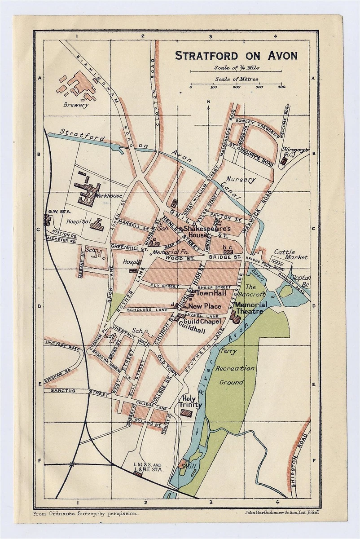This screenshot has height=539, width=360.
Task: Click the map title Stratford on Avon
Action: coord(236,56)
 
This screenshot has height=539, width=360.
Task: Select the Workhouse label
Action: coord(110,196)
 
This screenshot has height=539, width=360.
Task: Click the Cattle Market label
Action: coord(291,255)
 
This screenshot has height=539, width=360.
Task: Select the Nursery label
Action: coord(241,179)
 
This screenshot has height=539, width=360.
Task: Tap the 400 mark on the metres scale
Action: coord(281,87)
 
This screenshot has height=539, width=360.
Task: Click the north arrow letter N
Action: coord(209,102)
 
